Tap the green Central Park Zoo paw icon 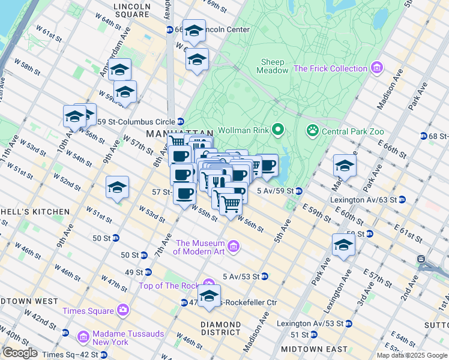click(312, 130)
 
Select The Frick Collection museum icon click(377, 68)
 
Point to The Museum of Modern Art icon click(234, 247)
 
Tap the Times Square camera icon click(123, 310)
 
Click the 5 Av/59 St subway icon click(298, 191)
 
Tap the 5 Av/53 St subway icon click(264, 277)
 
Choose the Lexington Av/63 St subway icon click(402, 199)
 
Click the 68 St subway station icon click(424, 136)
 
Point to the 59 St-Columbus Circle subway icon click(180, 122)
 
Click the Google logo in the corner click(19, 352)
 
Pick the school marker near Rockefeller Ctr click(209, 296)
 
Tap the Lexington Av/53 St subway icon click(348, 323)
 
